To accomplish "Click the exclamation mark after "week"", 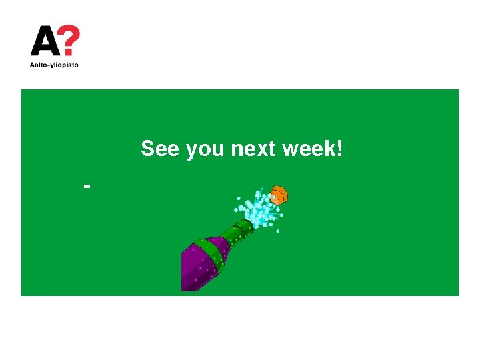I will (x=340, y=149).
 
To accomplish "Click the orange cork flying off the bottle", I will (x=279, y=195).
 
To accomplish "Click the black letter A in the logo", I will (x=45, y=41).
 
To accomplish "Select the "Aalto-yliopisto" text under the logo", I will (x=54, y=65).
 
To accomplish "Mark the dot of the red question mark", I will (x=69, y=53).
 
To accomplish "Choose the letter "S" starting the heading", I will (x=147, y=149).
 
